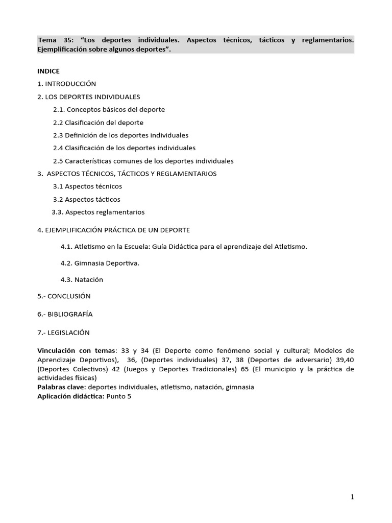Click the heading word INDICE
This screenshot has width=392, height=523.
click(48, 71)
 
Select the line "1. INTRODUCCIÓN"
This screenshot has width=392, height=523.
click(66, 84)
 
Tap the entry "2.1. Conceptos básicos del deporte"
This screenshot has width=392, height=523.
click(109, 109)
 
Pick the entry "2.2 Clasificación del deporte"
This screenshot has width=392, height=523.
click(98, 123)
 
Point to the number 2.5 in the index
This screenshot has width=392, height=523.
click(58, 161)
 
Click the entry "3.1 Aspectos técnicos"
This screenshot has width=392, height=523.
click(87, 186)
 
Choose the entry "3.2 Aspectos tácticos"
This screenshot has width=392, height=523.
click(87, 199)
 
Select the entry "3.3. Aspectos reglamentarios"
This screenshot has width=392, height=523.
click(98, 212)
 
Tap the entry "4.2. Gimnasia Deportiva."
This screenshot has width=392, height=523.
click(100, 264)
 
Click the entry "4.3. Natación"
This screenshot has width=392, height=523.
click(82, 280)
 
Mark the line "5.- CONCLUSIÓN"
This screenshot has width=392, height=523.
click(64, 296)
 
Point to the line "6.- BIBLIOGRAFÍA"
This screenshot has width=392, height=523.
click(65, 314)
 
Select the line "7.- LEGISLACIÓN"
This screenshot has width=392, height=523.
click(63, 332)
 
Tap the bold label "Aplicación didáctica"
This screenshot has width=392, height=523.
click(70, 396)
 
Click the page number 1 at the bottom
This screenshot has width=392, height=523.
click(352, 497)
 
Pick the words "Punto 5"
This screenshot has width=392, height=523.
click(118, 396)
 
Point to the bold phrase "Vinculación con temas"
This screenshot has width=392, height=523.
click(77, 351)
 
